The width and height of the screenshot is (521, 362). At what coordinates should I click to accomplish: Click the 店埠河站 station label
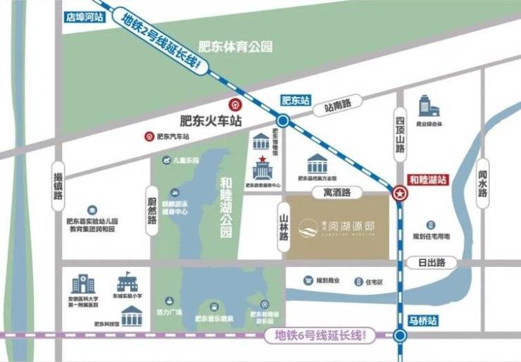[84, 18]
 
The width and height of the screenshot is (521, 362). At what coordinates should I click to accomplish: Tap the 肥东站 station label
[295, 101]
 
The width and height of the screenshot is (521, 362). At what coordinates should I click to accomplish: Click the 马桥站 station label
[422, 320]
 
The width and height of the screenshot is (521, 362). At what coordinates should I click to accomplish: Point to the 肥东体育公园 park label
[235, 47]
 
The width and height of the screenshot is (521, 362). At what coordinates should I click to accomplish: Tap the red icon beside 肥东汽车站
[149, 137]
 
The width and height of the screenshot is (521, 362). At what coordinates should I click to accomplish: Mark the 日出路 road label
[431, 262]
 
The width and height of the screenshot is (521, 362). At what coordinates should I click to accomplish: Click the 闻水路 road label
[483, 184]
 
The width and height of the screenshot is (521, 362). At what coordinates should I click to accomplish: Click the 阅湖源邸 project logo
[337, 227]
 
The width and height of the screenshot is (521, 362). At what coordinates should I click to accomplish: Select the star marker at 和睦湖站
[399, 193]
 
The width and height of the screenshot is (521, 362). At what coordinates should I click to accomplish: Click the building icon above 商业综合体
[428, 106]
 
